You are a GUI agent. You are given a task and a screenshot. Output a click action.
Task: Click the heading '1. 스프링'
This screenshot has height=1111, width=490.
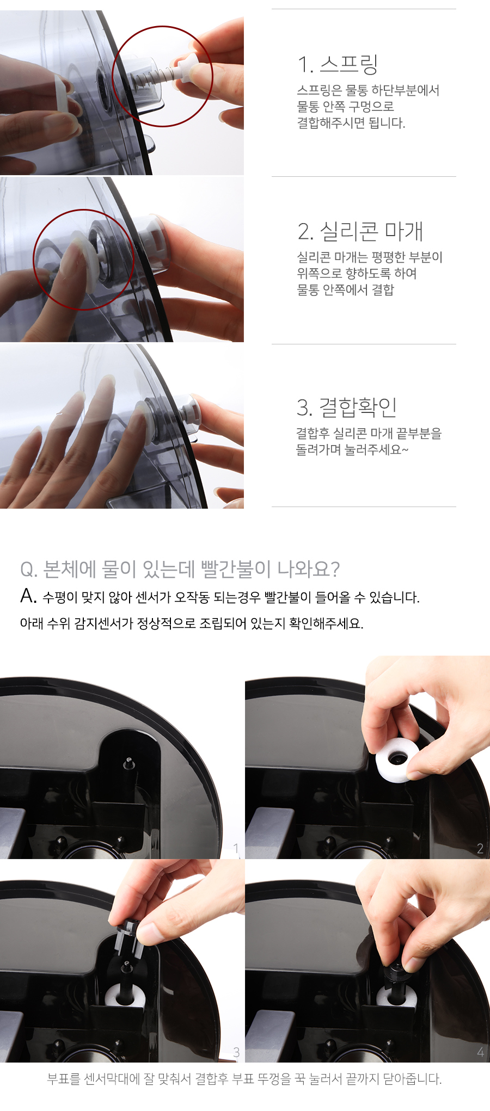[x=338, y=65]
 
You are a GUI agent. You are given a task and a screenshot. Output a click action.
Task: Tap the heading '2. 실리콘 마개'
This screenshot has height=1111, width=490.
[x=360, y=231]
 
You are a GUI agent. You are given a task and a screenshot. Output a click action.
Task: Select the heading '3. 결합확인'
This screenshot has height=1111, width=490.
[x=347, y=407]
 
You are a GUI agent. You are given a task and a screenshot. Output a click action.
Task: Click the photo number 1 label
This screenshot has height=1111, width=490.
[x=236, y=848]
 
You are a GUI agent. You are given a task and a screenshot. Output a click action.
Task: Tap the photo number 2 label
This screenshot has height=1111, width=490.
[x=480, y=848]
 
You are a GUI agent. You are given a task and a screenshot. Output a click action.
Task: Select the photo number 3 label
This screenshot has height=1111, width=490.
[x=236, y=1052]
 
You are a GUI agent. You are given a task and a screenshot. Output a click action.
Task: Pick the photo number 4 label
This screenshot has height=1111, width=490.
[x=480, y=1052]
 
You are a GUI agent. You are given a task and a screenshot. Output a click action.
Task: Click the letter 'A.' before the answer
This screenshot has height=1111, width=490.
[x=28, y=597]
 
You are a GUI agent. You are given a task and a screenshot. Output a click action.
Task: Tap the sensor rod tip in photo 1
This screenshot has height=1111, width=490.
[x=128, y=761]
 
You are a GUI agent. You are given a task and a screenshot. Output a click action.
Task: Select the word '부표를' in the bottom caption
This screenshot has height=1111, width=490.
[x=63, y=1078]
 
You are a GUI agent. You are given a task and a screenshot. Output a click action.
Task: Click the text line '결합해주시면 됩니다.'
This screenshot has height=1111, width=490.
[x=351, y=123]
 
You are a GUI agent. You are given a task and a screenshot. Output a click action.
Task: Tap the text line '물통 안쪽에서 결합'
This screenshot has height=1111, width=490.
[x=345, y=289]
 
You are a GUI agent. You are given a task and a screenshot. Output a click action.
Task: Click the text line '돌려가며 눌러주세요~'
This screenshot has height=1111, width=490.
[x=352, y=449]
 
